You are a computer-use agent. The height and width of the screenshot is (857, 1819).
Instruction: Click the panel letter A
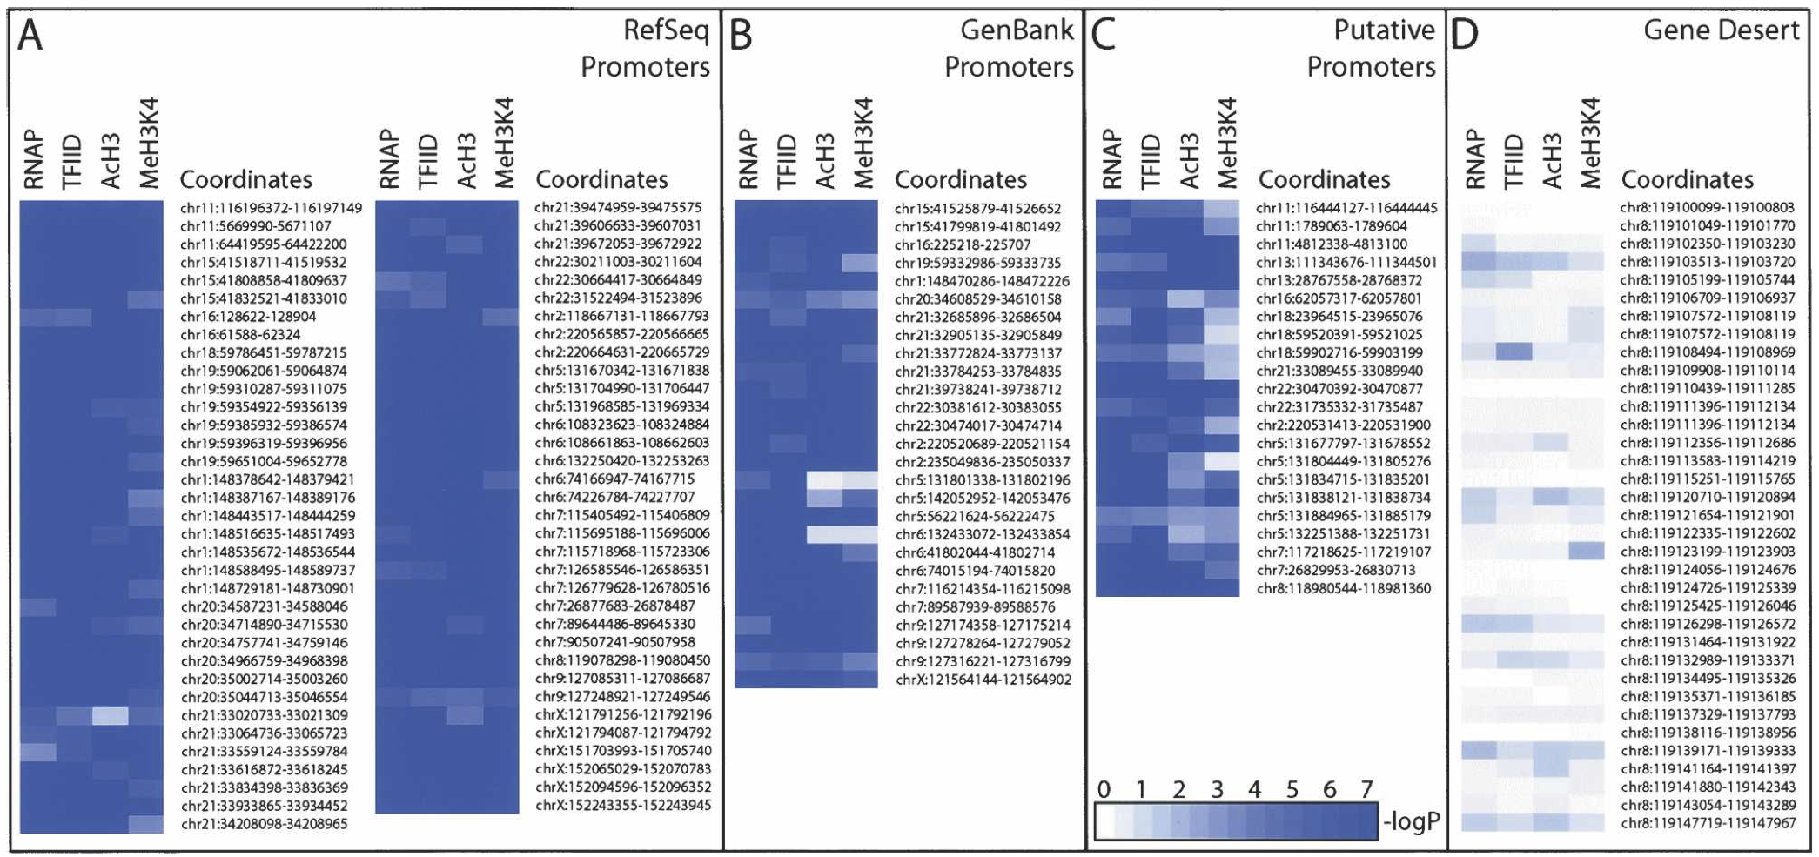pos(30,37)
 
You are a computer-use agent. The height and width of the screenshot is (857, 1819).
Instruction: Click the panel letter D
pos(1466,37)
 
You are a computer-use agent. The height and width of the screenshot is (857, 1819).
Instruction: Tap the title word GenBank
pos(1016,30)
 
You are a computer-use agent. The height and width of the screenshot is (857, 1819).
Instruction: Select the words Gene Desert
pos(1720,30)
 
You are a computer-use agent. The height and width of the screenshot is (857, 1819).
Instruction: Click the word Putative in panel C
pos(1384,30)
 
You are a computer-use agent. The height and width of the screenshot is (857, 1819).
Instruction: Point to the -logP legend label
pos(1412,820)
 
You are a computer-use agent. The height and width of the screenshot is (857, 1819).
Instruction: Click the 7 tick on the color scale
pos(1366,789)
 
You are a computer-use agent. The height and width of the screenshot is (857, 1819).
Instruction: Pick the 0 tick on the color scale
pos(1104,789)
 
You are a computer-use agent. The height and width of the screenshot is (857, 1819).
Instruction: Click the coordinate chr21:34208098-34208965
pos(264,824)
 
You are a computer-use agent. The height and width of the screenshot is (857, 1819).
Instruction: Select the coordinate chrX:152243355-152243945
pos(622,805)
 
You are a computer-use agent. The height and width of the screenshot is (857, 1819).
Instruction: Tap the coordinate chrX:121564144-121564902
pos(983,680)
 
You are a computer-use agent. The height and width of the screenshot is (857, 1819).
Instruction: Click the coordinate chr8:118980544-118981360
pos(1343,588)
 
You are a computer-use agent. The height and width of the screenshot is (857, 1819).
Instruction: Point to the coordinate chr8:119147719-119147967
pos(1707,823)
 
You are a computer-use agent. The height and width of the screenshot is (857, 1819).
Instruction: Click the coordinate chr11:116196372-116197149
pos(271,208)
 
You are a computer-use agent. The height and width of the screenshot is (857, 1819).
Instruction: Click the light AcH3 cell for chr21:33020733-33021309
pos(111,716)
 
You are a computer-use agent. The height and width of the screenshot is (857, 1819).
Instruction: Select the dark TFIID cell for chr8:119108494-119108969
pos(1514,352)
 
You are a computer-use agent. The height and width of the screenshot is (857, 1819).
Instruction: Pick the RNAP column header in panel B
pos(748,158)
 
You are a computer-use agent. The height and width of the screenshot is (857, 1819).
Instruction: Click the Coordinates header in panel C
pos(1325,179)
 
